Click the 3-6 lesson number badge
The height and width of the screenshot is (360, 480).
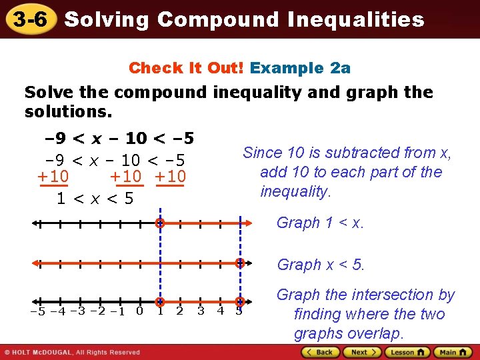coord(30,19)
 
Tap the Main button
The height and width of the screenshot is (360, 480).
coord(450,352)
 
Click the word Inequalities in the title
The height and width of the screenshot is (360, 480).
coord(356,20)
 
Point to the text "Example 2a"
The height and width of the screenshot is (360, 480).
coord(300,68)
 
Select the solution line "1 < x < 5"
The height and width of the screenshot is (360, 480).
coord(95,199)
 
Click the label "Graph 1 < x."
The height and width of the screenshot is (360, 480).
coord(320,223)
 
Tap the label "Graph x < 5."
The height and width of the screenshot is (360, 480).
coord(321,265)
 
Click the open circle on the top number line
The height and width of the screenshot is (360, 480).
coord(160,223)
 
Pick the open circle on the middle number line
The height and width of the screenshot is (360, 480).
coord(240,263)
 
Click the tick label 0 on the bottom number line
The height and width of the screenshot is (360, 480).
coord(139,311)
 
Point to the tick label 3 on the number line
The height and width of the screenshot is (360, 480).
coord(200,311)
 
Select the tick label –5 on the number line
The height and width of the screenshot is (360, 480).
coord(39,311)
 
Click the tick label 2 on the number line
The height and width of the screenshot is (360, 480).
coord(179,311)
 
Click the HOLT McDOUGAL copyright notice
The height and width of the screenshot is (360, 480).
coord(72,352)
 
